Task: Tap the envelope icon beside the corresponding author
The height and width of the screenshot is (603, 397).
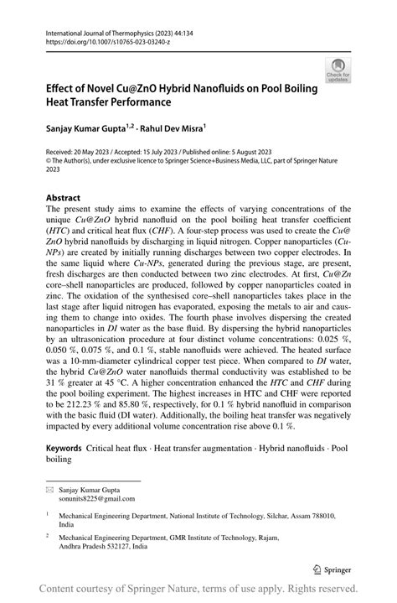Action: pyautogui.click(x=49, y=487)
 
